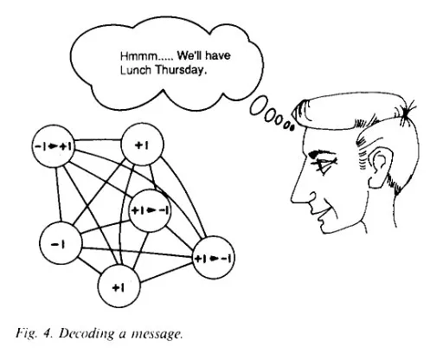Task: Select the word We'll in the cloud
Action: [x=189, y=55]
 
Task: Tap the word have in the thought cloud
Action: [x=218, y=55]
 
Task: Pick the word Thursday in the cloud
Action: [x=181, y=70]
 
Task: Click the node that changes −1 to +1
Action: [x=53, y=146]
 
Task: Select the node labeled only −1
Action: [x=61, y=243]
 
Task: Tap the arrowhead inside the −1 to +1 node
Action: [x=53, y=146]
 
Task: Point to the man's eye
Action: [x=323, y=163]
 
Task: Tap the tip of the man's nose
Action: [x=292, y=200]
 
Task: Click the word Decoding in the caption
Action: [x=87, y=334]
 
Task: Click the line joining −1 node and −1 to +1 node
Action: [x=58, y=195]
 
